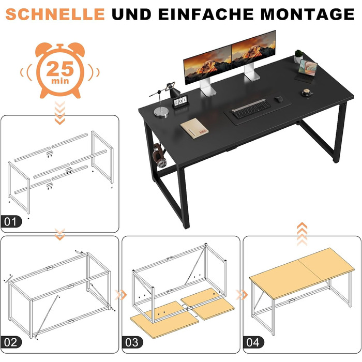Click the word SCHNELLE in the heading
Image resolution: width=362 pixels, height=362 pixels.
(55, 14)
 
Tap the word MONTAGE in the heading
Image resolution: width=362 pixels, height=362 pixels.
(308, 14)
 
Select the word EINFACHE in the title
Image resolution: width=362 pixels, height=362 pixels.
(206, 14)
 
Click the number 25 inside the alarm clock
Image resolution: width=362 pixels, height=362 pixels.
(60, 69)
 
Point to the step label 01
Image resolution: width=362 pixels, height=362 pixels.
(11, 222)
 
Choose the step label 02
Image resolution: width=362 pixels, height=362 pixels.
(11, 342)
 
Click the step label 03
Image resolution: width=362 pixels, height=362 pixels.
(132, 342)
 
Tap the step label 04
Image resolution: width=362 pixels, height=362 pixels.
(253, 342)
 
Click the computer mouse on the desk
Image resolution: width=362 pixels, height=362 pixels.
(279, 99)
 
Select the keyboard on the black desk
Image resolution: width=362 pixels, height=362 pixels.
(251, 109)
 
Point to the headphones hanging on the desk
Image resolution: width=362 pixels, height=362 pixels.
(160, 155)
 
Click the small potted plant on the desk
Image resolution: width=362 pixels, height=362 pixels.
(298, 56)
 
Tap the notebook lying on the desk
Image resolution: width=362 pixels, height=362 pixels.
(194, 128)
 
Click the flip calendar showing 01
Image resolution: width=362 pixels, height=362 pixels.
(180, 102)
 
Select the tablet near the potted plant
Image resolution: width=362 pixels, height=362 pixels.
(306, 71)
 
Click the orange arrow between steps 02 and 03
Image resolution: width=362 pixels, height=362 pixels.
(120, 295)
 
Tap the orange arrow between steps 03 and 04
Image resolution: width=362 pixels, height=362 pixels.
(242, 295)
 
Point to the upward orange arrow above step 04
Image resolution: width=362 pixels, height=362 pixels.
(302, 234)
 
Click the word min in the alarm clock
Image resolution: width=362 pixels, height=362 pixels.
(60, 81)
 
